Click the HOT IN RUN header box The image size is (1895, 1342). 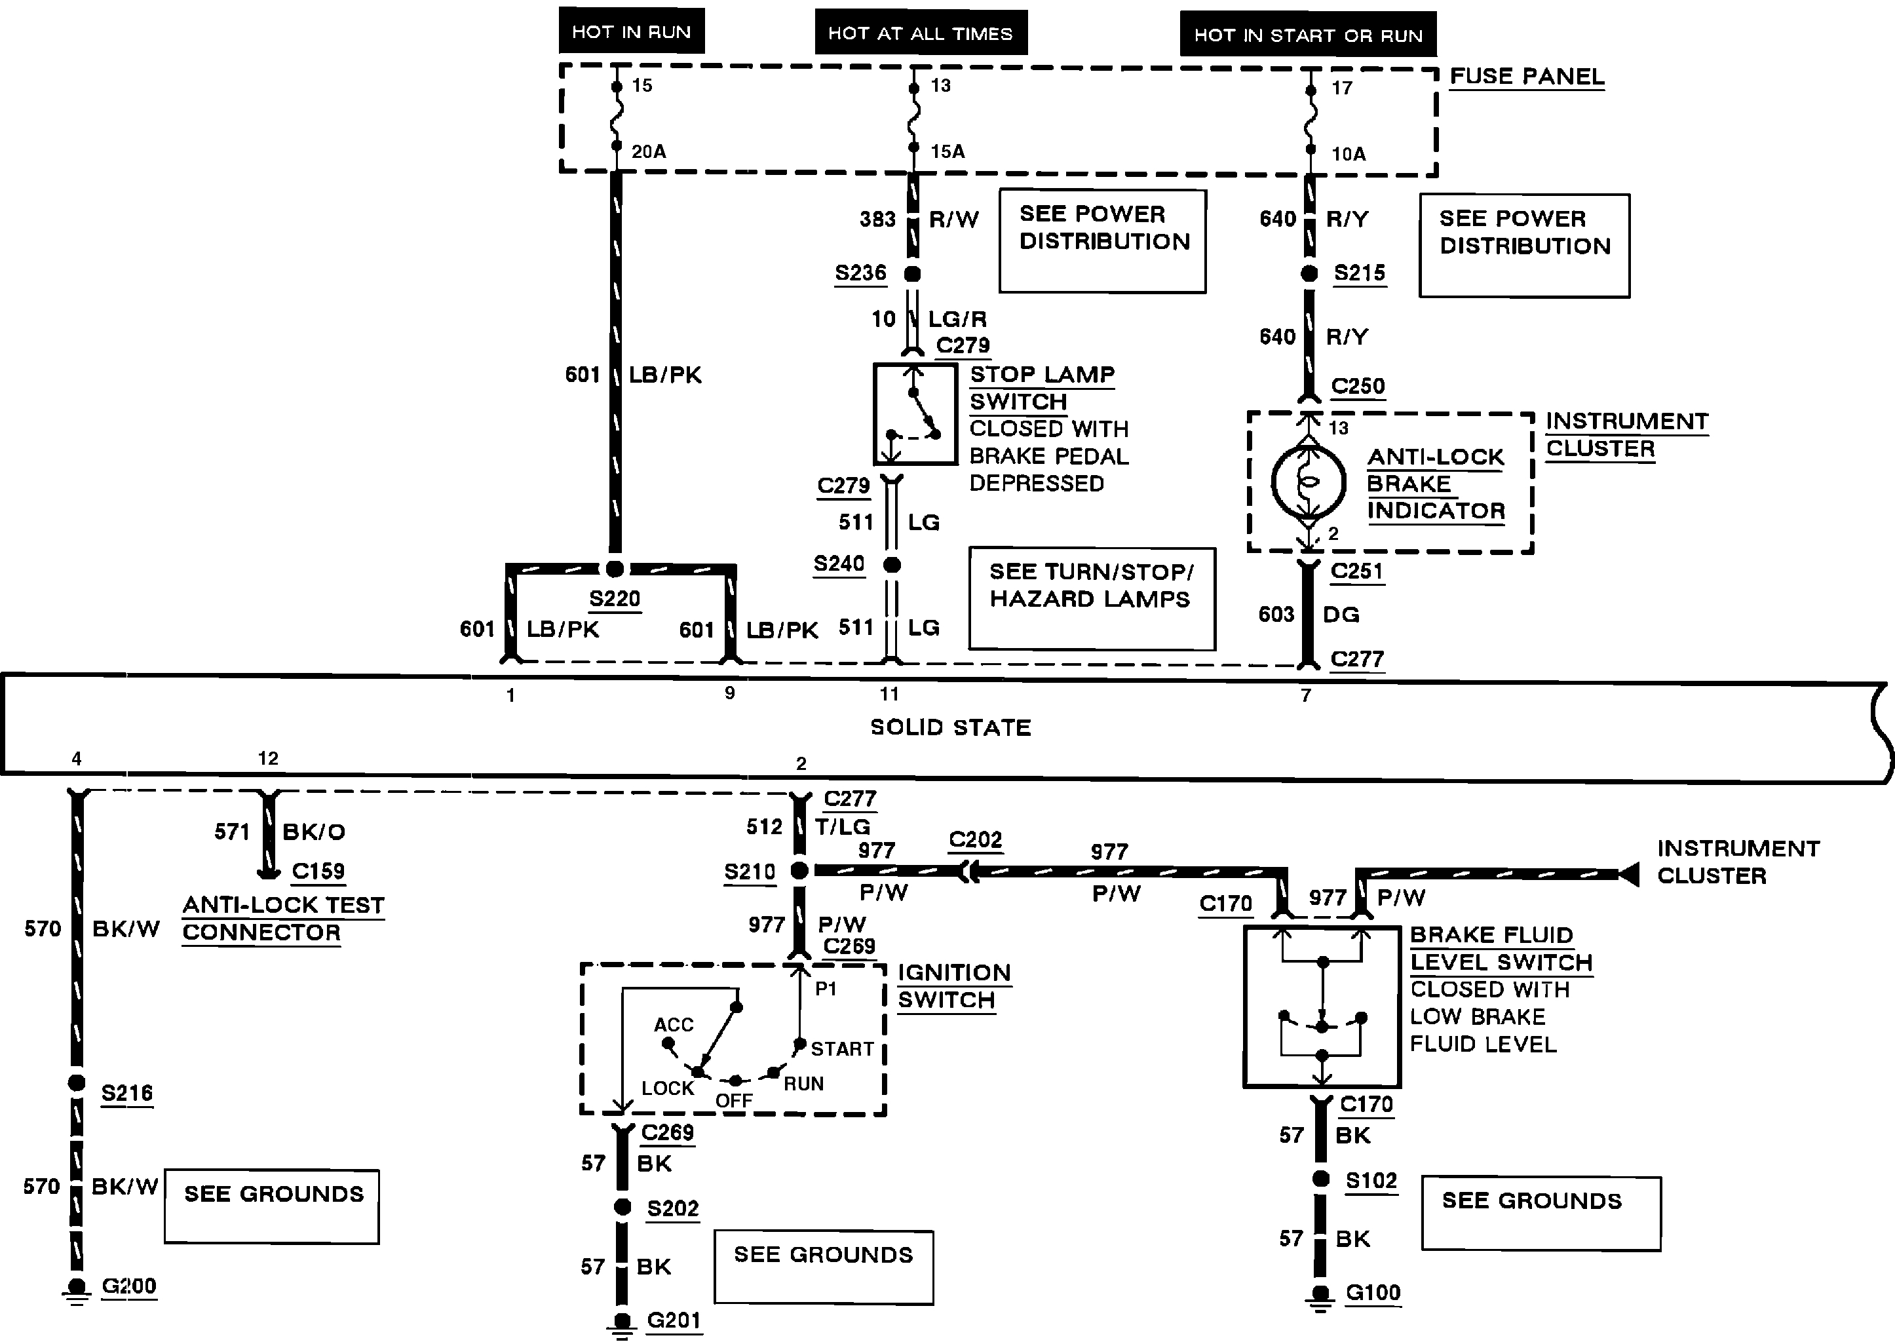[x=632, y=31]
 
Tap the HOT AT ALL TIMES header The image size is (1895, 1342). [x=921, y=33]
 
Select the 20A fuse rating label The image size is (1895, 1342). [x=649, y=151]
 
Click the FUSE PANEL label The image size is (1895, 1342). [x=1527, y=76]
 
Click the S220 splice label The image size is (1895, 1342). [x=615, y=598]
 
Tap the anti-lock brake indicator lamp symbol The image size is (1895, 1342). [x=1309, y=482]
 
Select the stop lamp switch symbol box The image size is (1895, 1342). [x=915, y=414]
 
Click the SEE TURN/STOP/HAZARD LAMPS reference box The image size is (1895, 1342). [x=1092, y=598]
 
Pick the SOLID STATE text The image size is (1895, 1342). [x=950, y=727]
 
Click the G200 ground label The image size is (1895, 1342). [x=129, y=1286]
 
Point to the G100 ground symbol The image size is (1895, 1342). [x=1320, y=1297]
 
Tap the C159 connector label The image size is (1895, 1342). [x=318, y=871]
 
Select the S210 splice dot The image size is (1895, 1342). [x=799, y=870]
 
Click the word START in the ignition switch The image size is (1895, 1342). [x=842, y=1048]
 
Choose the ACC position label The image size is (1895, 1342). [x=674, y=1025]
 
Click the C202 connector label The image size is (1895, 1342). [x=975, y=839]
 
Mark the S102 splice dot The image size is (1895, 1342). [x=1320, y=1178]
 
